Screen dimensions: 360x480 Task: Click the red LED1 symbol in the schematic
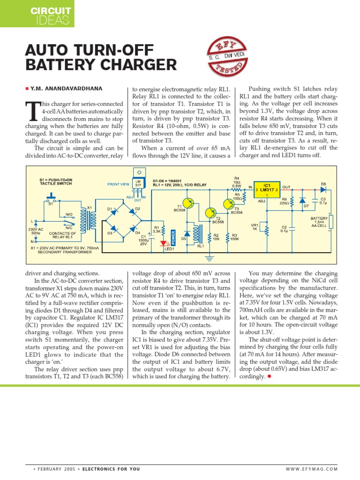(x=163, y=243)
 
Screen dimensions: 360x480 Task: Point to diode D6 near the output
(x=323, y=189)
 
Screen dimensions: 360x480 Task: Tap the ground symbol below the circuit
(x=210, y=258)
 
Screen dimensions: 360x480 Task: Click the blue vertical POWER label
(x=173, y=238)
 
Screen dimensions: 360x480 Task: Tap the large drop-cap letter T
(x=32, y=111)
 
